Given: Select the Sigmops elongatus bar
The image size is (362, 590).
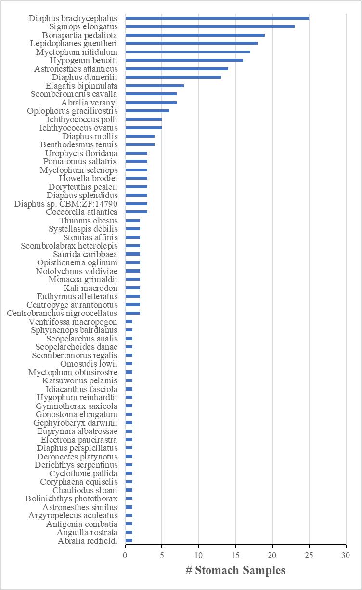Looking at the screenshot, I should (x=209, y=26).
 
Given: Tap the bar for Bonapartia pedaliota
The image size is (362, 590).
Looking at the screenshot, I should (x=194, y=35).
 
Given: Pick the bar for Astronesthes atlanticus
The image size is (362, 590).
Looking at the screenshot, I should (x=176, y=69).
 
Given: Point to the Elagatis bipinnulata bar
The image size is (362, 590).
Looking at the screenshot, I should (x=154, y=86).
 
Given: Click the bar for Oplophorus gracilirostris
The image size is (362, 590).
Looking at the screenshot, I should (x=147, y=111).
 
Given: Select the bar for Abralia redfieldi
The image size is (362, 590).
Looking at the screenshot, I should (x=129, y=540).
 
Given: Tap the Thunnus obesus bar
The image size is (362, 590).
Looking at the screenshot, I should (x=132, y=221).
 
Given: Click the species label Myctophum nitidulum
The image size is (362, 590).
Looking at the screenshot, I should (x=77, y=52).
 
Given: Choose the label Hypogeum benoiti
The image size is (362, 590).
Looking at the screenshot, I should (x=84, y=60).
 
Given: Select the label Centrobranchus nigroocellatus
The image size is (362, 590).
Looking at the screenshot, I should (x=62, y=313).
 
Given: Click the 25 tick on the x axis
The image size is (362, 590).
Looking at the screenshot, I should (x=309, y=555).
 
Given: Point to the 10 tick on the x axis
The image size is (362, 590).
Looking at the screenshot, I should (x=199, y=555).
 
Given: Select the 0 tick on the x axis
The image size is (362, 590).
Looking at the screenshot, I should (x=125, y=555).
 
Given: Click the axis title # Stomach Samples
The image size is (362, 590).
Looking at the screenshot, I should (x=235, y=571).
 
